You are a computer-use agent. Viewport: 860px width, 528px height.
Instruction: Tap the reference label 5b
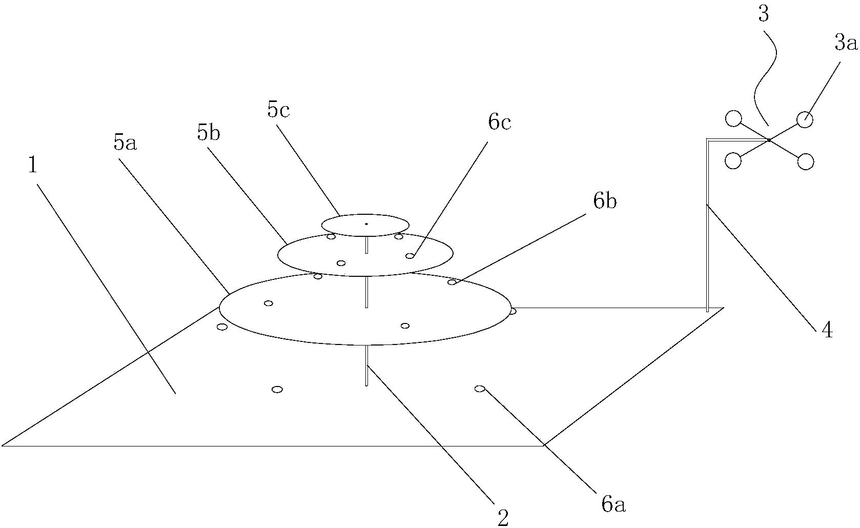click(208, 134)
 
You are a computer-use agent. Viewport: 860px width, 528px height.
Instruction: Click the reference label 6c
click(500, 123)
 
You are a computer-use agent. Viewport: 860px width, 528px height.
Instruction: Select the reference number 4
click(827, 330)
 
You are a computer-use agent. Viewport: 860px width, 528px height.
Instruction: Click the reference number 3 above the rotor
click(763, 14)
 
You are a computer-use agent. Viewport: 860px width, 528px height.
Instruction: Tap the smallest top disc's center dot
click(366, 224)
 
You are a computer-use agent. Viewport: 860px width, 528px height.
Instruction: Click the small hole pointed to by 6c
click(410, 256)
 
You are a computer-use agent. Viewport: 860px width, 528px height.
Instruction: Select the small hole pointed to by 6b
click(452, 282)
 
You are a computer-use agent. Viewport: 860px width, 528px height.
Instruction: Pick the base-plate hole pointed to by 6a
click(480, 389)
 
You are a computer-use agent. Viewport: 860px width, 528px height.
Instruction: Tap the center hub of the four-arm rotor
click(769, 140)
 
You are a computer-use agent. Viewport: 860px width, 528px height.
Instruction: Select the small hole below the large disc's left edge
click(222, 327)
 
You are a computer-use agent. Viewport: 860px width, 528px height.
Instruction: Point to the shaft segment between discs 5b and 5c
click(366, 245)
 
